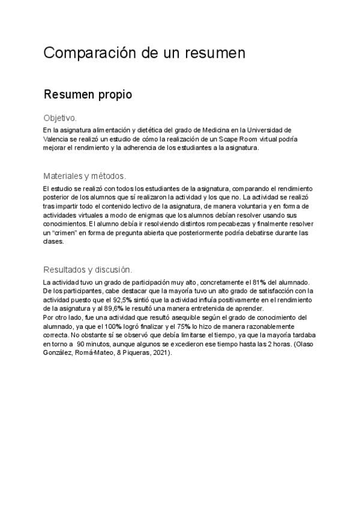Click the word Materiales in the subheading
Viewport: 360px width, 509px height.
point(64,176)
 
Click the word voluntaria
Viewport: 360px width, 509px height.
point(232,206)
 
